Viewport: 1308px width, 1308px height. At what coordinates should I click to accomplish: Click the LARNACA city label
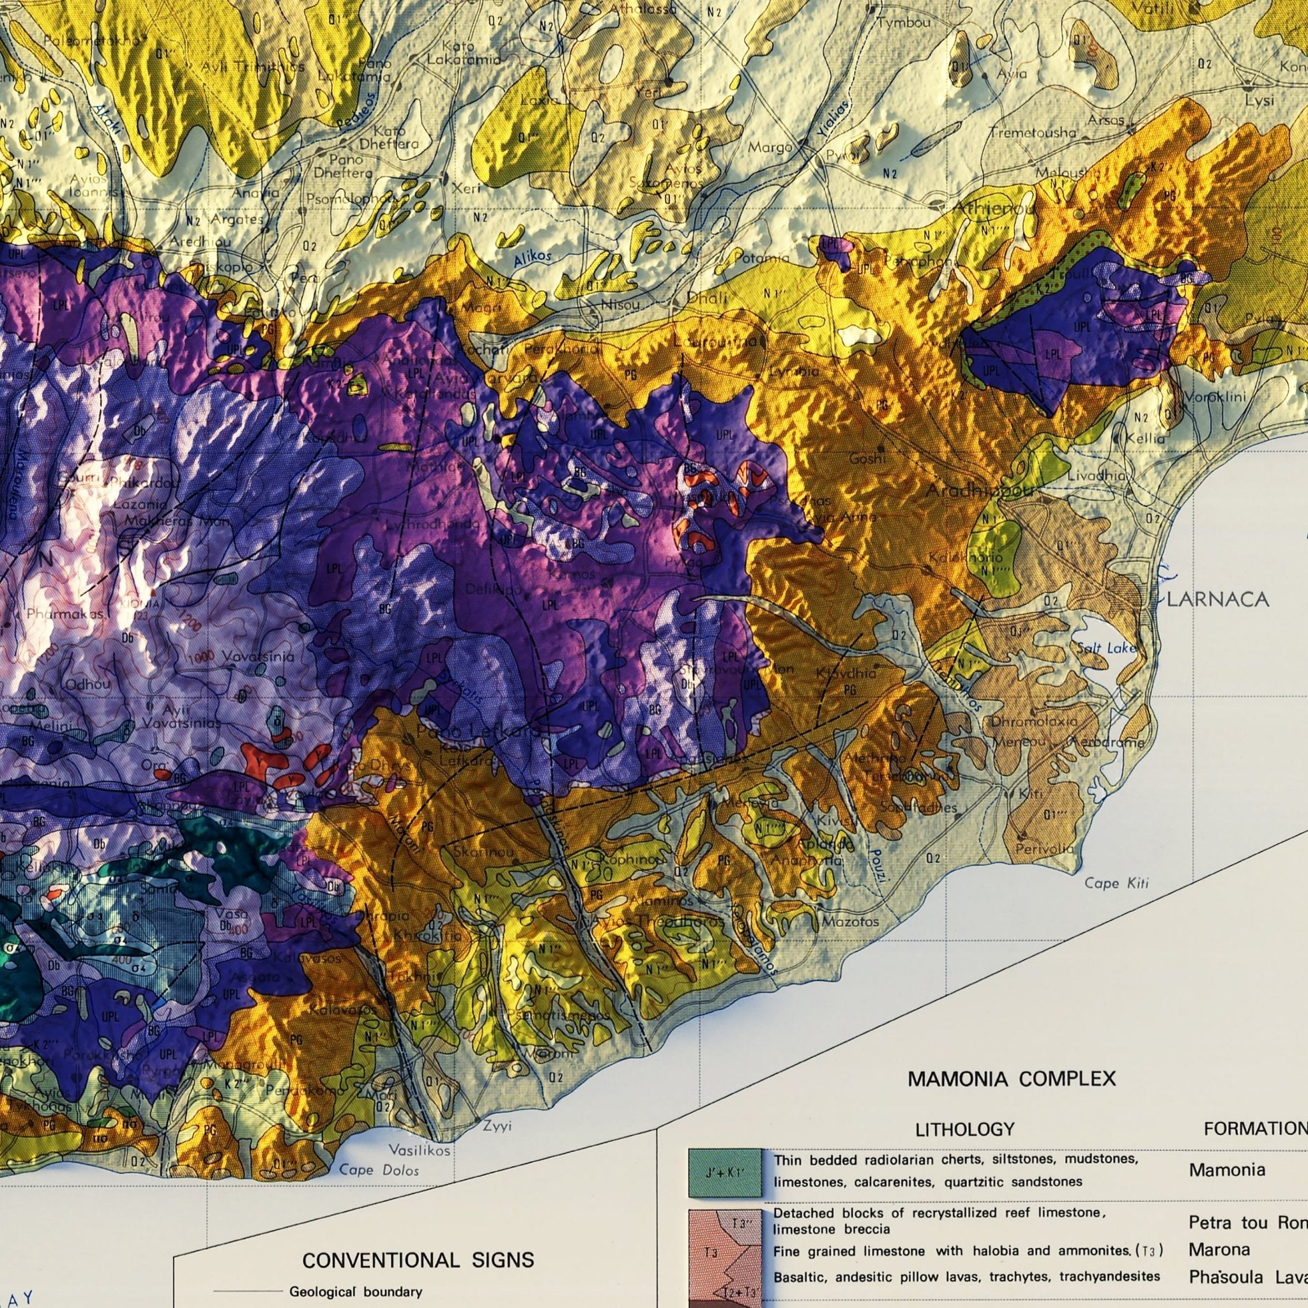pyautogui.click(x=1217, y=599)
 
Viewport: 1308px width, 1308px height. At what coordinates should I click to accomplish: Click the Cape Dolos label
pyautogui.click(x=379, y=1170)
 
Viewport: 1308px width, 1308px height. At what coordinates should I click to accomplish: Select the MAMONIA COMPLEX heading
pyautogui.click(x=1012, y=1079)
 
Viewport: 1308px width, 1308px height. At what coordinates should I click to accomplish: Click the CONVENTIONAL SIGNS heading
pyautogui.click(x=418, y=1241)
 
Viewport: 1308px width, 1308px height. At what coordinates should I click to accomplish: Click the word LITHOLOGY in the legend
pyautogui.click(x=965, y=1129)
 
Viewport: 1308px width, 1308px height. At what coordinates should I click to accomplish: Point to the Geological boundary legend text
pyautogui.click(x=356, y=1273)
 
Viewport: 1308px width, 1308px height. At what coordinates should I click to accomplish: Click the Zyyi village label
pyautogui.click(x=498, y=1126)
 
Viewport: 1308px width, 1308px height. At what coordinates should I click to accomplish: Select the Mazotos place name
pyautogui.click(x=850, y=922)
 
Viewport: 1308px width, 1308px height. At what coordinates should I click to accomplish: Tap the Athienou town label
pyautogui.click(x=994, y=208)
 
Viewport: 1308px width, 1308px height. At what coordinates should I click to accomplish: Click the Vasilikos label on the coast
pyautogui.click(x=419, y=1150)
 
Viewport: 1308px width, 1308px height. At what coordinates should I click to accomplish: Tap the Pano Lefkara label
pyautogui.click(x=478, y=732)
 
